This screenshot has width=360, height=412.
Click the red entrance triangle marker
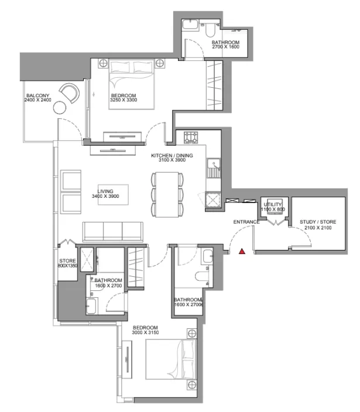tap(241, 252)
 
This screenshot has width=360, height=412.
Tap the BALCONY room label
tap(36, 95)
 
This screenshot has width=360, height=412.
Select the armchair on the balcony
tap(70, 93)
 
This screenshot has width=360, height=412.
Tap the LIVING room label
tap(106, 191)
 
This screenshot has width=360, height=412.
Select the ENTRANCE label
tap(246, 222)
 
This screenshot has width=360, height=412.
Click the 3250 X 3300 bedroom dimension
tap(123, 101)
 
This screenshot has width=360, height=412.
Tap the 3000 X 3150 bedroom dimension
tap(146, 332)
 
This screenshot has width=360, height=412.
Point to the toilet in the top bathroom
tap(210, 28)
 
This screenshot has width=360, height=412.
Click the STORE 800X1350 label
tap(68, 263)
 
